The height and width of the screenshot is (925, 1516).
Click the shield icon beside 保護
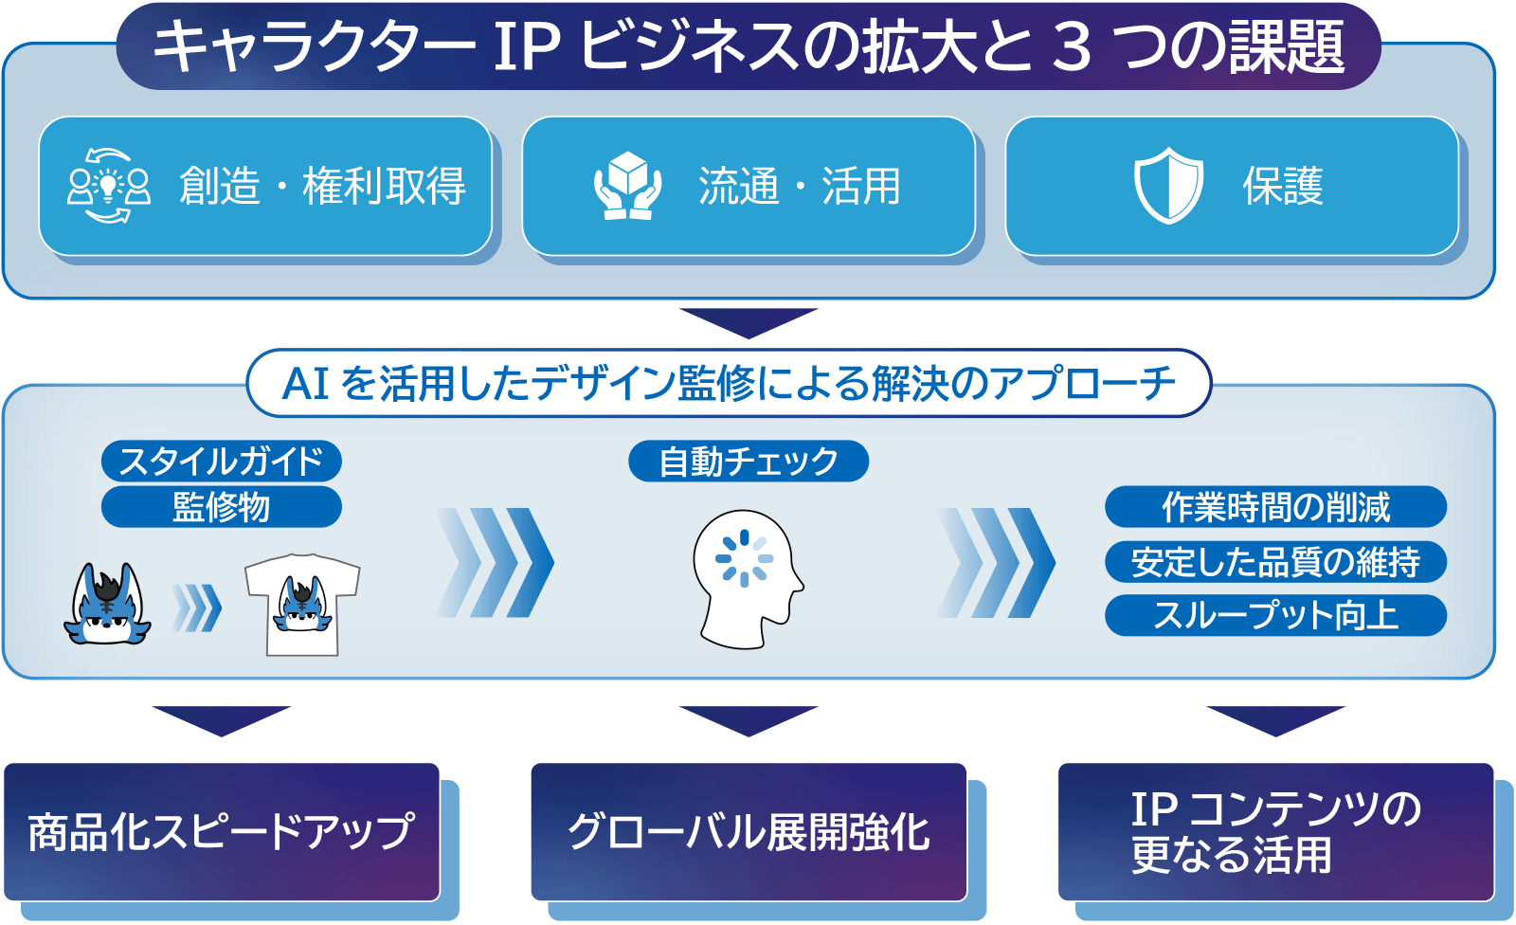pyautogui.click(x=1168, y=185)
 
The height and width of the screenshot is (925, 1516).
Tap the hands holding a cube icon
pyautogui.click(x=627, y=186)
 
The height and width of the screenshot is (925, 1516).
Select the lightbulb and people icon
pyautogui.click(x=108, y=186)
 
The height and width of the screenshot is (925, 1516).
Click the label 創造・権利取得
pyautogui.click(x=322, y=186)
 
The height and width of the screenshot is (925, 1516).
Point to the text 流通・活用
pyautogui.click(x=800, y=186)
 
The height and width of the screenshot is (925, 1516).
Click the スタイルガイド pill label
pyautogui.click(x=222, y=462)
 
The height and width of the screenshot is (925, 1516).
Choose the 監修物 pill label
pyautogui.click(x=222, y=506)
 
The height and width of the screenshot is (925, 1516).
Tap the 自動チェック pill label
pyautogui.click(x=749, y=462)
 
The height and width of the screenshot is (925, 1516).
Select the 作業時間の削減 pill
pyautogui.click(x=1275, y=506)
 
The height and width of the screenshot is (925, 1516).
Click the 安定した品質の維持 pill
pyautogui.click(x=1275, y=561)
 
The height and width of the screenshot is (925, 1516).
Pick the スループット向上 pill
pyautogui.click(x=1275, y=615)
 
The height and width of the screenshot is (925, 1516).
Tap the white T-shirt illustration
pyautogui.click(x=302, y=605)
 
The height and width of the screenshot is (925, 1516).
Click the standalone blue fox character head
pyautogui.click(x=108, y=604)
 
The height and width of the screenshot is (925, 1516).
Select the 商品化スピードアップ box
pyautogui.click(x=222, y=832)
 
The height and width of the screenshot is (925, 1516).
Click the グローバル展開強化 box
pyautogui.click(x=749, y=832)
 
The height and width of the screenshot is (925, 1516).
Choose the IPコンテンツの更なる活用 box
pyautogui.click(x=1275, y=832)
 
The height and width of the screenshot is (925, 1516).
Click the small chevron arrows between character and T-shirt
pyautogui.click(x=196, y=608)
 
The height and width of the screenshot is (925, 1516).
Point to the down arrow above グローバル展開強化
pyautogui.click(x=749, y=721)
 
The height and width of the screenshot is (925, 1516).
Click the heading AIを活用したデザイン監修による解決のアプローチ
pyautogui.click(x=729, y=383)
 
